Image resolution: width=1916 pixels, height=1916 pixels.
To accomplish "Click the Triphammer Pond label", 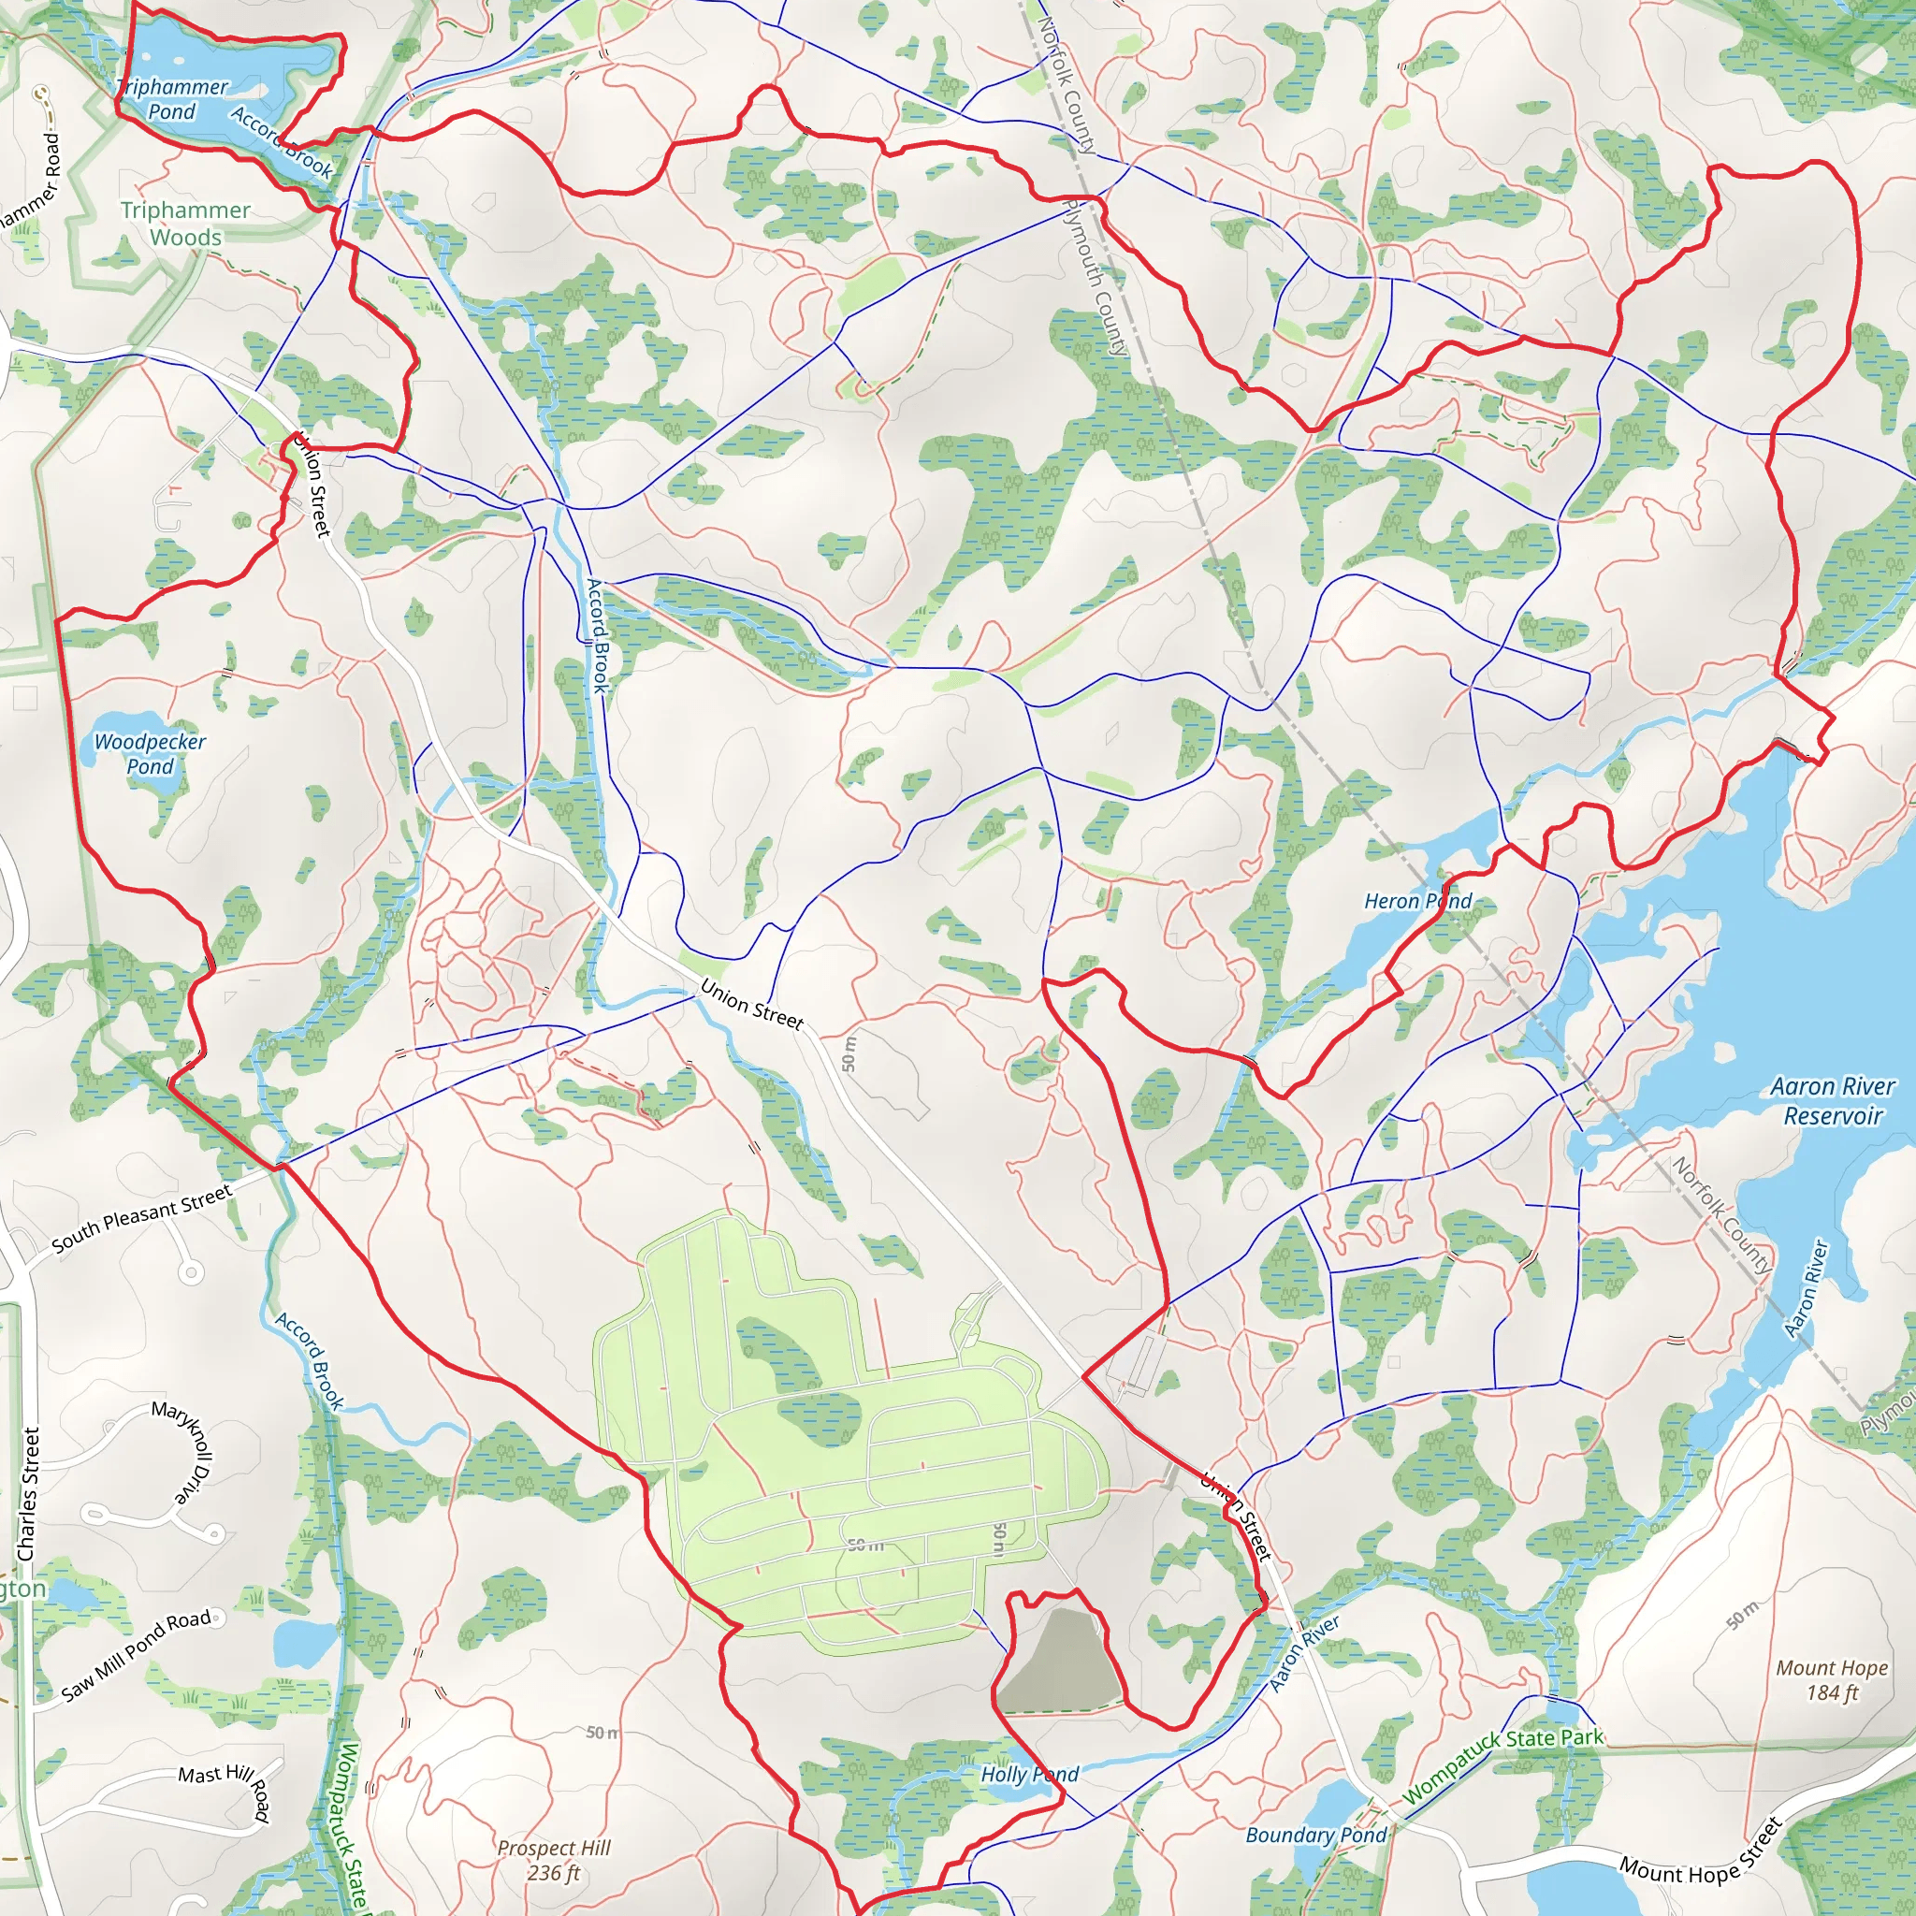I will tap(172, 99).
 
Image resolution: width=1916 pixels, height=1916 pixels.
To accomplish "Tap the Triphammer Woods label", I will tap(185, 224).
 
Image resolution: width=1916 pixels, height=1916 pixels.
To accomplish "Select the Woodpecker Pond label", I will tap(150, 754).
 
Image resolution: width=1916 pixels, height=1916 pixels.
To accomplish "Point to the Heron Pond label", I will tap(1417, 901).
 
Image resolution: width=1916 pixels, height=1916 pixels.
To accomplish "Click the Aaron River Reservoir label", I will tap(1833, 1101).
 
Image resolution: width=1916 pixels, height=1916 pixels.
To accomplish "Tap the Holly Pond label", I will tap(1029, 1774).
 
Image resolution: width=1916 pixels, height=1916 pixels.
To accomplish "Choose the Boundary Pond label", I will tap(1315, 1835).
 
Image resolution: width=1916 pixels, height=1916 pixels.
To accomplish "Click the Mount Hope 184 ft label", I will tap(1832, 1680).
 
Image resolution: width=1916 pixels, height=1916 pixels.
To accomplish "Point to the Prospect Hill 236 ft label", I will tap(554, 1861).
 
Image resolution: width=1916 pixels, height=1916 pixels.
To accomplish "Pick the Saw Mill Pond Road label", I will tap(137, 1655).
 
